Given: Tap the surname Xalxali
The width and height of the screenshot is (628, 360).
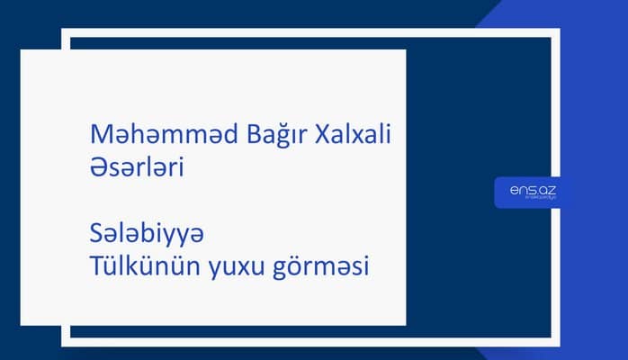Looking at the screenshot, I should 354,136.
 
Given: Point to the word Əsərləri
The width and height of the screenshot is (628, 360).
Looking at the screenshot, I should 138,167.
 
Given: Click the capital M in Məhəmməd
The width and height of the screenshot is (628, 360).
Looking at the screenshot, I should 102,136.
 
